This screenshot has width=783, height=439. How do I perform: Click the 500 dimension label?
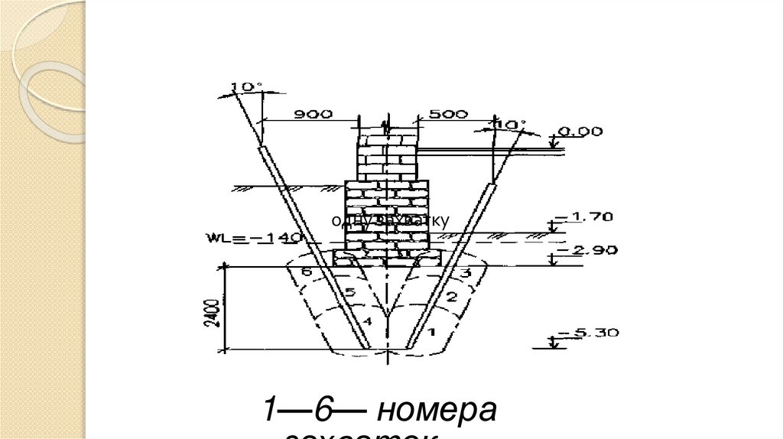coord(444,115)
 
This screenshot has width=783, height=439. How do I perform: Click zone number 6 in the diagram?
coord(306,272)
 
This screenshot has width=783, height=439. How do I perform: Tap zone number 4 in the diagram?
coord(368,323)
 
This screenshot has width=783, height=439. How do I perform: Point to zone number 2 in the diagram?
coord(451,297)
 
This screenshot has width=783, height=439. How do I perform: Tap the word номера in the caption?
coord(435,410)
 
